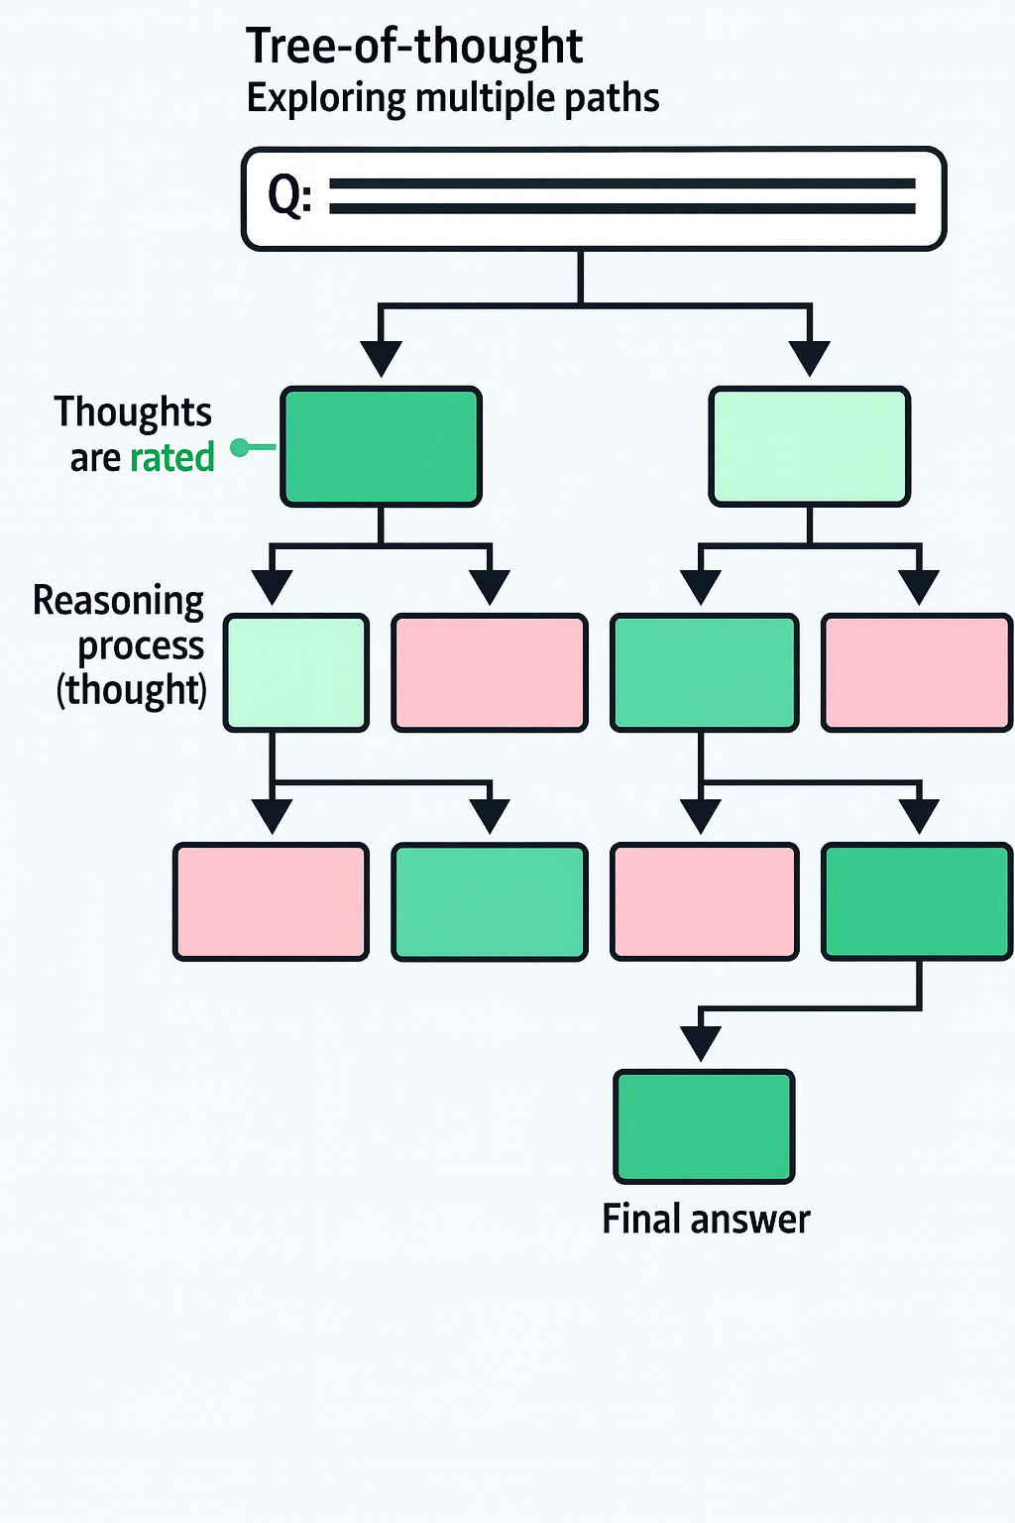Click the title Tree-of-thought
(x=413, y=46)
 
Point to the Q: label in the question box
(x=289, y=196)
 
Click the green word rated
(x=171, y=457)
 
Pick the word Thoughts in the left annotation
(x=133, y=412)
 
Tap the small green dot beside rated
(x=239, y=448)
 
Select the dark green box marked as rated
(x=381, y=447)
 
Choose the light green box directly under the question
(x=809, y=447)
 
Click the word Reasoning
(x=118, y=601)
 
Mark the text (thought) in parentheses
(x=131, y=689)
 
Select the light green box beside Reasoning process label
(x=295, y=673)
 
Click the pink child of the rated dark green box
(x=490, y=673)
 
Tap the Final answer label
(x=706, y=1219)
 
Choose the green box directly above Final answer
(x=704, y=1126)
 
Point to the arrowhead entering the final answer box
(x=701, y=1044)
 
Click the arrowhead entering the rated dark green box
(x=381, y=357)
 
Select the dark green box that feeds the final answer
(x=917, y=901)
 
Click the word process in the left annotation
(x=141, y=645)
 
